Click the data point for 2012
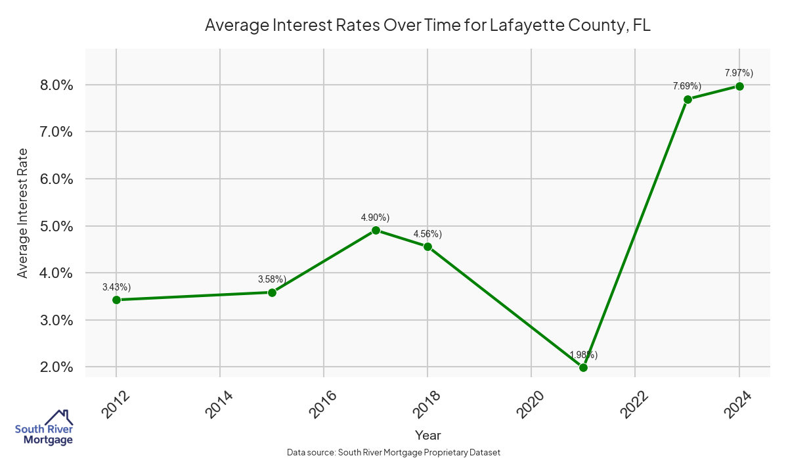point(116,300)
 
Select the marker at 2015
point(272,292)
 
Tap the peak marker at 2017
point(376,230)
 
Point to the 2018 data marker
point(427,246)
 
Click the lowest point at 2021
point(583,367)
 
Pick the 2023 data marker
point(688,99)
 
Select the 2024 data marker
point(739,86)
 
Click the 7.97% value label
point(739,72)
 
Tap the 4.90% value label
point(375,217)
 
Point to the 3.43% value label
point(116,287)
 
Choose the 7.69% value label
point(687,86)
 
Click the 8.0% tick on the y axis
point(56,85)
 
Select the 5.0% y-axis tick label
point(56,226)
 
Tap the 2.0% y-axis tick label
point(56,367)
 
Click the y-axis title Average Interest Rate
point(23,212)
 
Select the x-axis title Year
point(427,435)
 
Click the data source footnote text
point(394,453)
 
